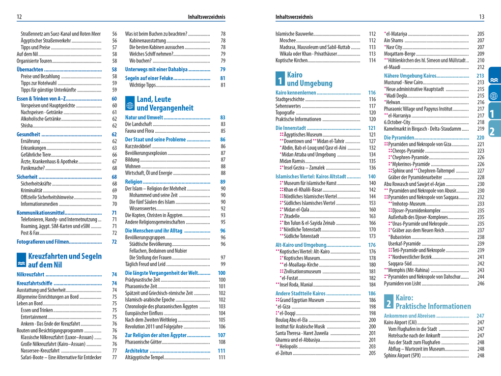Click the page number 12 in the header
pyautogui.click(x=19, y=17)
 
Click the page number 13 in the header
pyautogui.click(x=481, y=17)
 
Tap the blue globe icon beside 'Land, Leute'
pyautogui.click(x=130, y=104)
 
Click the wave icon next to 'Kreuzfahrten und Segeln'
pyautogui.click(x=21, y=260)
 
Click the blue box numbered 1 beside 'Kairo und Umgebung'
pyautogui.click(x=279, y=79)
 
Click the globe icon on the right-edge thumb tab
pyautogui.click(x=494, y=96)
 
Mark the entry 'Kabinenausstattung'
pyautogui.click(x=147, y=40)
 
